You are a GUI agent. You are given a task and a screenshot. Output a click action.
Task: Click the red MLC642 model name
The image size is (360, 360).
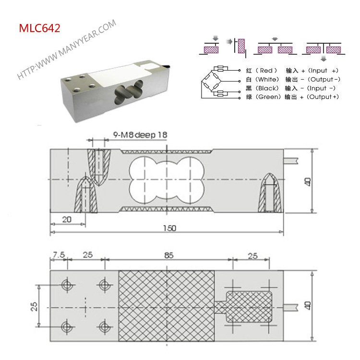[x=39, y=28]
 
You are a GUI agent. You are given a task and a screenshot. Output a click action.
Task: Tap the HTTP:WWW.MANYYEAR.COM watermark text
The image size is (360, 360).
[x=67, y=49]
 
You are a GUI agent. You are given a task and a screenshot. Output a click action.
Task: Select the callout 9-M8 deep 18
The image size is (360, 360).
[x=141, y=135]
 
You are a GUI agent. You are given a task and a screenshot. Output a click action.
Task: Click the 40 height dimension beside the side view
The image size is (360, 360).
[x=308, y=181]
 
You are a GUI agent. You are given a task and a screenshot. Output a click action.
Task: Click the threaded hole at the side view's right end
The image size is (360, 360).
[x=271, y=194]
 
